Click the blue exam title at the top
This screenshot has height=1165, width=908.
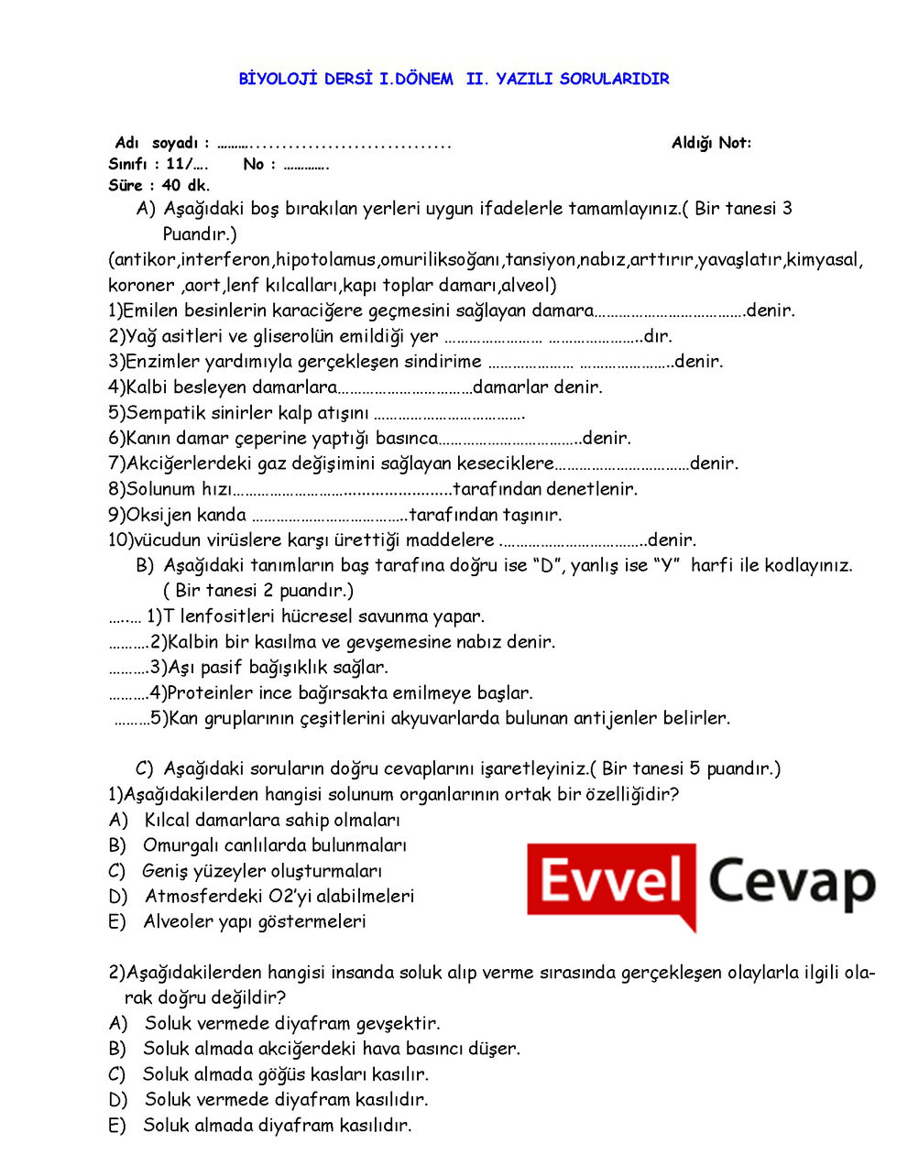[x=454, y=79]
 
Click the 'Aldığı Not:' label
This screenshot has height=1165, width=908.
[x=711, y=143]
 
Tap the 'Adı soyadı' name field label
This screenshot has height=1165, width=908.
[x=161, y=143]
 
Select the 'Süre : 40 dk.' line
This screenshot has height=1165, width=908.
[x=159, y=185]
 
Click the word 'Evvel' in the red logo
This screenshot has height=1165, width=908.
[x=611, y=883]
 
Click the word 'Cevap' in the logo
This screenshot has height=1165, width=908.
[x=791, y=883]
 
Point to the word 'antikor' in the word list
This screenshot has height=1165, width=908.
[x=144, y=259]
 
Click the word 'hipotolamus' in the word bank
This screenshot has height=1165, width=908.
[x=325, y=259]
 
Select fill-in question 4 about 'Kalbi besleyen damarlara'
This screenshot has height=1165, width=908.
[x=356, y=387]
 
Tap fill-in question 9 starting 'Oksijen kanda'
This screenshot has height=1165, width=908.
[x=335, y=515]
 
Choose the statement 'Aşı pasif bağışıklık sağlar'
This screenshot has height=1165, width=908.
[x=277, y=668]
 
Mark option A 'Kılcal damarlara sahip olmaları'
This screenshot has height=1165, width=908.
[x=271, y=820]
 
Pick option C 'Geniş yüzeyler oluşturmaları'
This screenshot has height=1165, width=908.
[x=262, y=871]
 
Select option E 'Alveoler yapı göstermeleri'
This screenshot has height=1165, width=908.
[x=254, y=921]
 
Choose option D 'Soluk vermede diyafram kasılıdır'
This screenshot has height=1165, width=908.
[x=286, y=1099]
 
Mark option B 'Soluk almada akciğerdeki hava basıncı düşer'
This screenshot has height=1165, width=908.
[x=331, y=1049]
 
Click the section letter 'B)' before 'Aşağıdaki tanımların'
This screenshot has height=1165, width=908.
[x=145, y=565]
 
